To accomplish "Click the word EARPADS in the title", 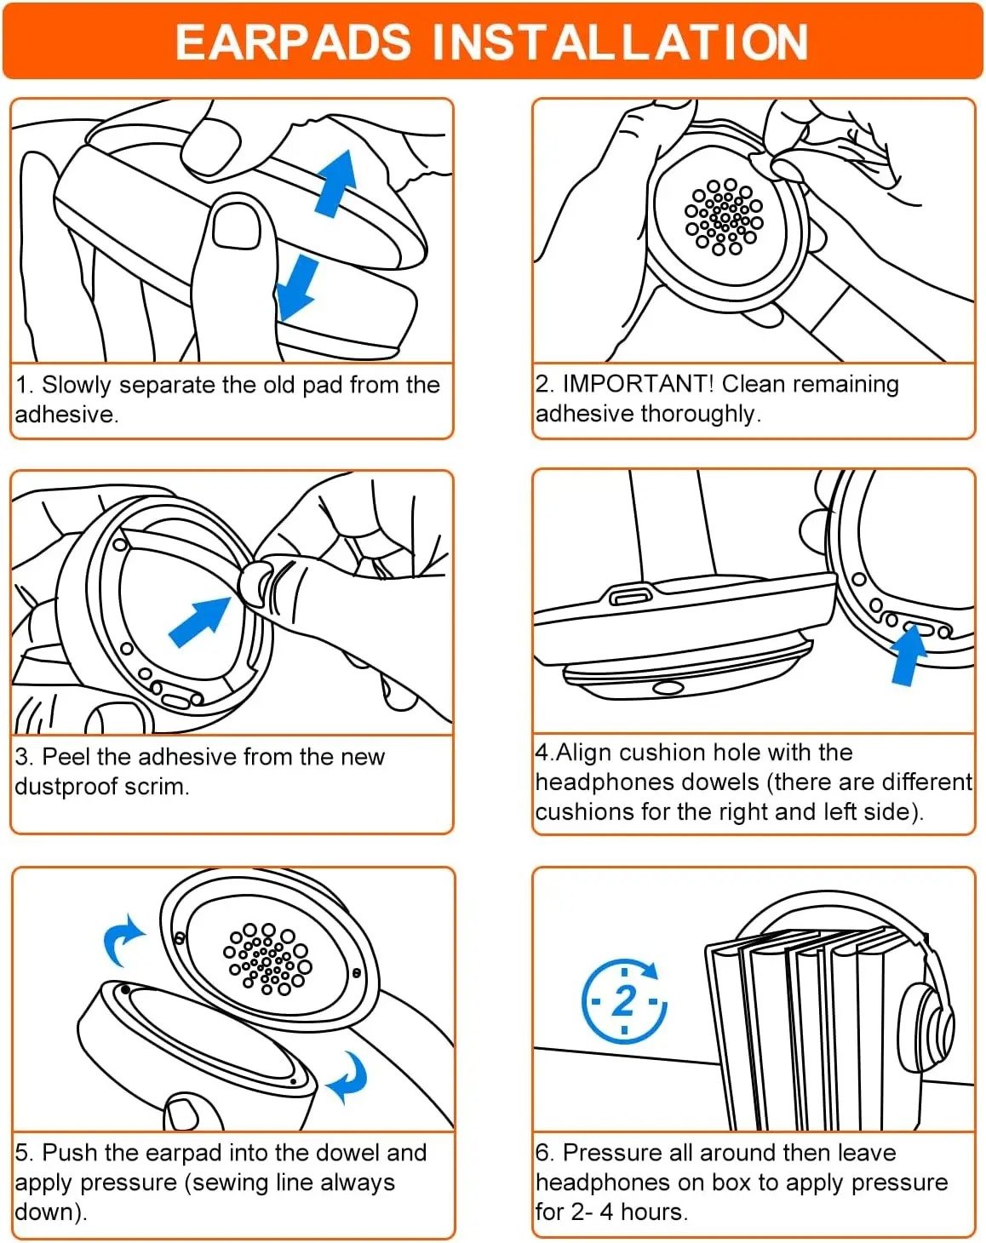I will (x=293, y=42).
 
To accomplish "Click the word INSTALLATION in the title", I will (x=620, y=42).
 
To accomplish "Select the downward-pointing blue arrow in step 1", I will (x=298, y=288).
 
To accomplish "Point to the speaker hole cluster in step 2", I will (x=724, y=216).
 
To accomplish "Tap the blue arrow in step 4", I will (x=908, y=655).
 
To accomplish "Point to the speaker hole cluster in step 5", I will (x=267, y=958).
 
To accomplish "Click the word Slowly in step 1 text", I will (x=77, y=385).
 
